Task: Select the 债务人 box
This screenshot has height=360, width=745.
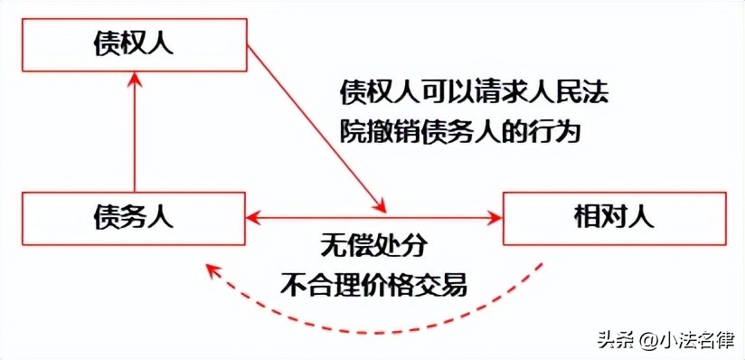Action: [x=133, y=217]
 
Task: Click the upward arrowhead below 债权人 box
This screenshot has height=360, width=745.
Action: [x=134, y=81]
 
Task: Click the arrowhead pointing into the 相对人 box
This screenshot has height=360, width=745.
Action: [x=495, y=217]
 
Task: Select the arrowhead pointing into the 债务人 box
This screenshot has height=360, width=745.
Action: [x=254, y=217]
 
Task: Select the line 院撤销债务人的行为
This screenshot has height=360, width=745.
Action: [x=459, y=132]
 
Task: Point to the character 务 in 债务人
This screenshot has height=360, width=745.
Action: [x=133, y=217]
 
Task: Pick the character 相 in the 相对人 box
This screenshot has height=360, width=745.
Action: [x=587, y=217]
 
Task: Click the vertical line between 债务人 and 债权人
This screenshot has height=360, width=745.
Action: [x=134, y=136]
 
